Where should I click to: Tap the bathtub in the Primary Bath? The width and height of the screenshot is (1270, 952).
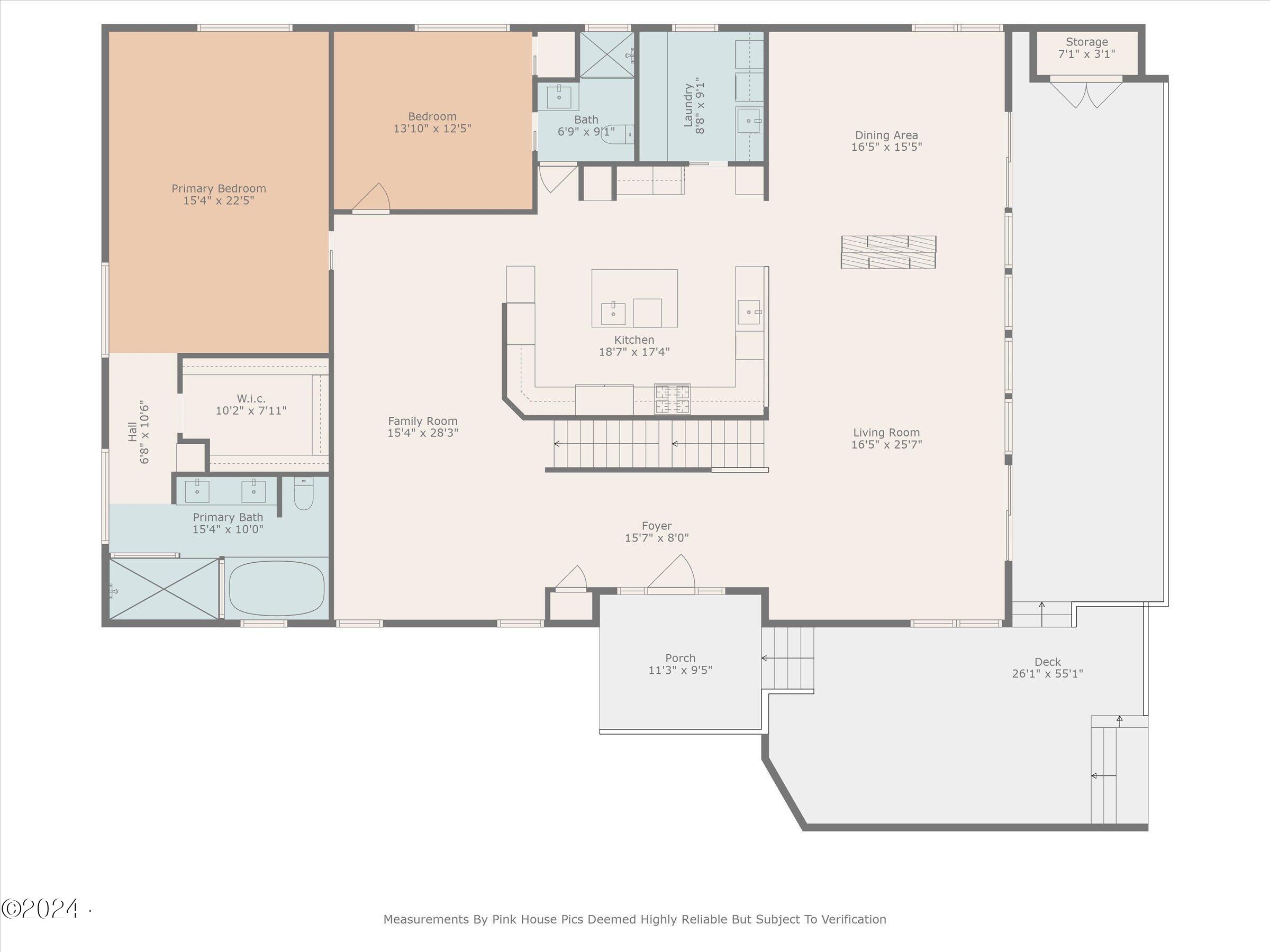(277, 588)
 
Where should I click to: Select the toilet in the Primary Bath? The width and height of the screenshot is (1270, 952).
(304, 493)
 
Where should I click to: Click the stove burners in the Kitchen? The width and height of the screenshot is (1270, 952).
(673, 399)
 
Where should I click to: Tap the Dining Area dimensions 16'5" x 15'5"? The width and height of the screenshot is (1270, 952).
(886, 147)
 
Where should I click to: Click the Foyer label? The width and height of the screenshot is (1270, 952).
(657, 526)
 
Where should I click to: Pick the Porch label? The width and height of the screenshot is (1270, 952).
(681, 657)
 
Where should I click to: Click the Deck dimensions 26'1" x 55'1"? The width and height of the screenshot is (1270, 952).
(1048, 674)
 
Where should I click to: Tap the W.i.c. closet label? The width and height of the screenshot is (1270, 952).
(251, 398)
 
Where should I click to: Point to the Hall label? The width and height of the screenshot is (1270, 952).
(133, 432)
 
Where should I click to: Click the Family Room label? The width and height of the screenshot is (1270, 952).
(423, 420)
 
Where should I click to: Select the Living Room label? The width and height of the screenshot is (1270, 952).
(886, 433)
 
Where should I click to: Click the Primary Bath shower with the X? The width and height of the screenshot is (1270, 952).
(164, 589)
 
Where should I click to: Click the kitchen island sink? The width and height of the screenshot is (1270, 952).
(613, 313)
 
